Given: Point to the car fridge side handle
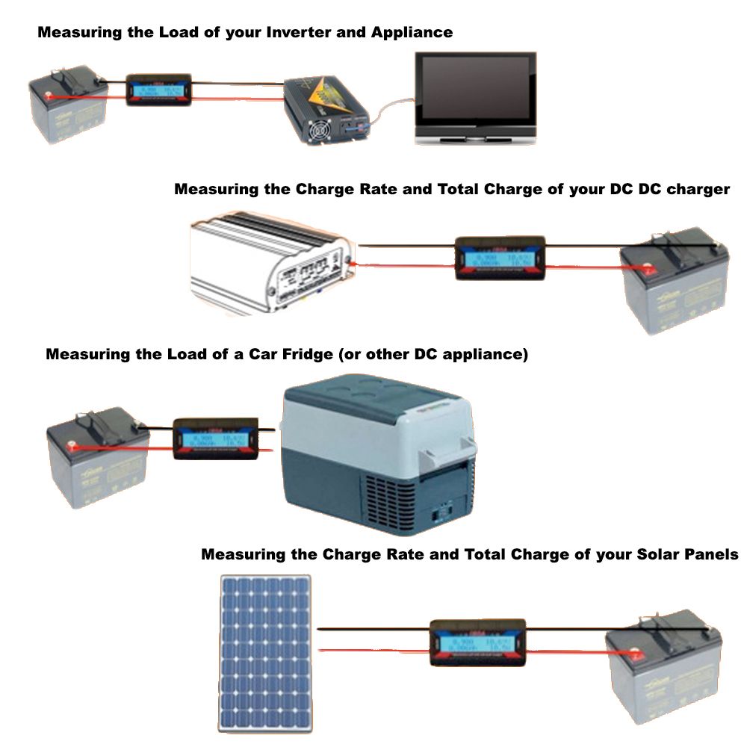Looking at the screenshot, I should point(455,447).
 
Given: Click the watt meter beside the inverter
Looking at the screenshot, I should point(158,90).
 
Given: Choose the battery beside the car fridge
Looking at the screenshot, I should point(97,456).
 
